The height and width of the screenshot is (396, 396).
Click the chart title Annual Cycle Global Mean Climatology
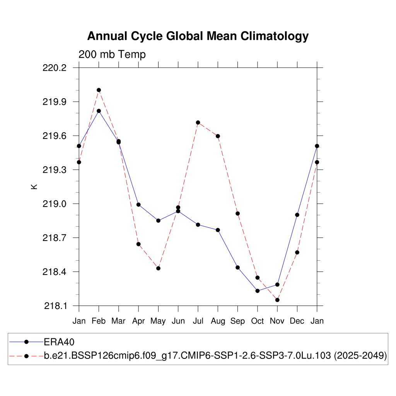tap(198, 36)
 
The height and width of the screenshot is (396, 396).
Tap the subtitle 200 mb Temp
tap(112, 55)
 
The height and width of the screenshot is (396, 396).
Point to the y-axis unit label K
tap(34, 186)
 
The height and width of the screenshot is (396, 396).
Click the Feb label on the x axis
tap(99, 321)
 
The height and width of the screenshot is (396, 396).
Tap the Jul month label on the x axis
tap(198, 321)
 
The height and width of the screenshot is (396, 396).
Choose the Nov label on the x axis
tap(277, 321)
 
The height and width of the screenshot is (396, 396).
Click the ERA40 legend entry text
tap(59, 342)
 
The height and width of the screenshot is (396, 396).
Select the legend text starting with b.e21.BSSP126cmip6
tap(215, 356)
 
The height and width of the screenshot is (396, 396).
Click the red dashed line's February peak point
tap(99, 90)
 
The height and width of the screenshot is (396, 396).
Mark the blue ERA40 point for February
tap(99, 111)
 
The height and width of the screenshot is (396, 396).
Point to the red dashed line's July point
tap(198, 123)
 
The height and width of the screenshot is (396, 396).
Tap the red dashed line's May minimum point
tap(158, 268)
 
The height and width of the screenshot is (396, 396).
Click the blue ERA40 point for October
tap(258, 291)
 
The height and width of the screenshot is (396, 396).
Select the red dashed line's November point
tap(277, 300)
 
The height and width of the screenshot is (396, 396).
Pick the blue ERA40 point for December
tap(297, 215)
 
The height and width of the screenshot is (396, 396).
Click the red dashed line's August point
tap(218, 136)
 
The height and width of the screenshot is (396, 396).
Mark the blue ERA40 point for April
tap(138, 205)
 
